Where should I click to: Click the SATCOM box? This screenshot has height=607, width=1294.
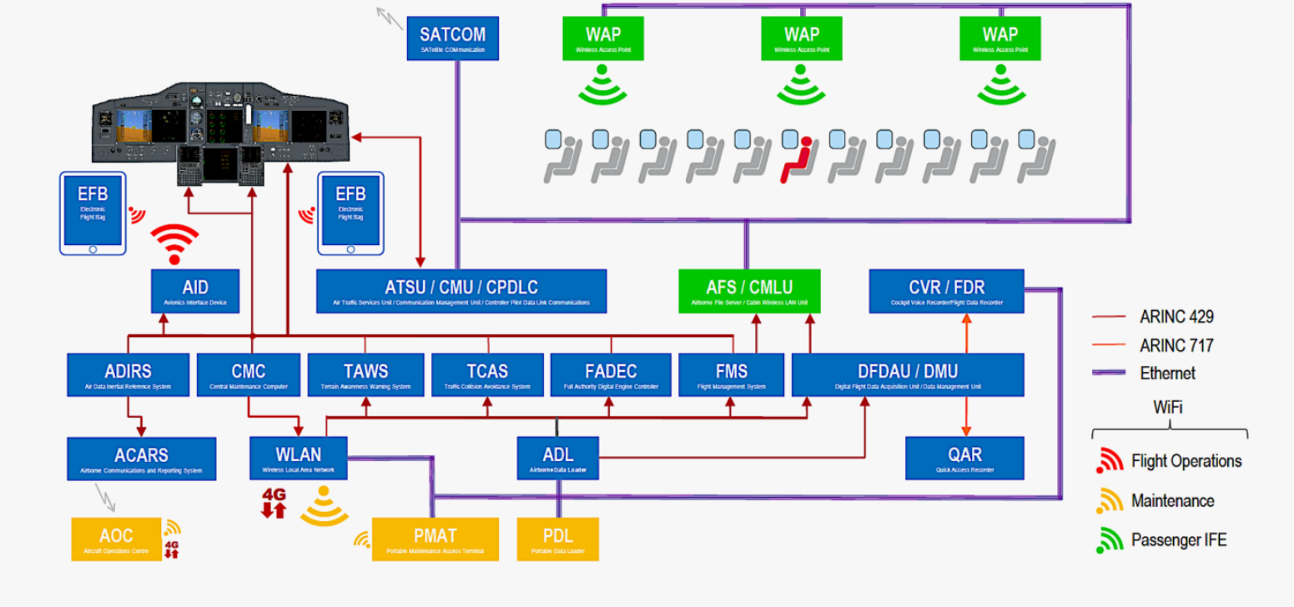pyautogui.click(x=452, y=38)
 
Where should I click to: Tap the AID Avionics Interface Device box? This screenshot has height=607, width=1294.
pyautogui.click(x=194, y=291)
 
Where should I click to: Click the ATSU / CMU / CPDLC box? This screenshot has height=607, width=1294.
pyautogui.click(x=461, y=291)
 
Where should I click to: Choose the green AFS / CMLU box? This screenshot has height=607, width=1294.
pyautogui.click(x=749, y=291)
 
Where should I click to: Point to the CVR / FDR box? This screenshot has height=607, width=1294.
pyautogui.click(x=946, y=291)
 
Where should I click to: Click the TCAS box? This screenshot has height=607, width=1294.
pyautogui.click(x=487, y=374)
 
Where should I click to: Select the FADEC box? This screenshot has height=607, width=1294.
pyautogui.click(x=611, y=374)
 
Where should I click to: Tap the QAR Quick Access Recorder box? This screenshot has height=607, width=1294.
pyautogui.click(x=964, y=458)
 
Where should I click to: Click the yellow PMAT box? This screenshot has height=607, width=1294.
pyautogui.click(x=435, y=539)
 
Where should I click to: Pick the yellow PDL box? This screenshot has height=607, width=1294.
pyautogui.click(x=557, y=539)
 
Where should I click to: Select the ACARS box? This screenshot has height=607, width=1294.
pyautogui.click(x=141, y=459)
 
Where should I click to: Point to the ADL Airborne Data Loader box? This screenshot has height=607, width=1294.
pyautogui.click(x=557, y=458)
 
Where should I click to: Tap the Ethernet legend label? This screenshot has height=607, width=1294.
pyautogui.click(x=1167, y=373)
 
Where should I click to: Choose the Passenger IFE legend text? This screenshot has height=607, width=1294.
pyautogui.click(x=1179, y=540)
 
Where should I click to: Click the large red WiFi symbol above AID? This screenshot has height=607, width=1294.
pyautogui.click(x=174, y=243)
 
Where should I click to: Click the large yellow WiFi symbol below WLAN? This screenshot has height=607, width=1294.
pyautogui.click(x=325, y=509)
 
